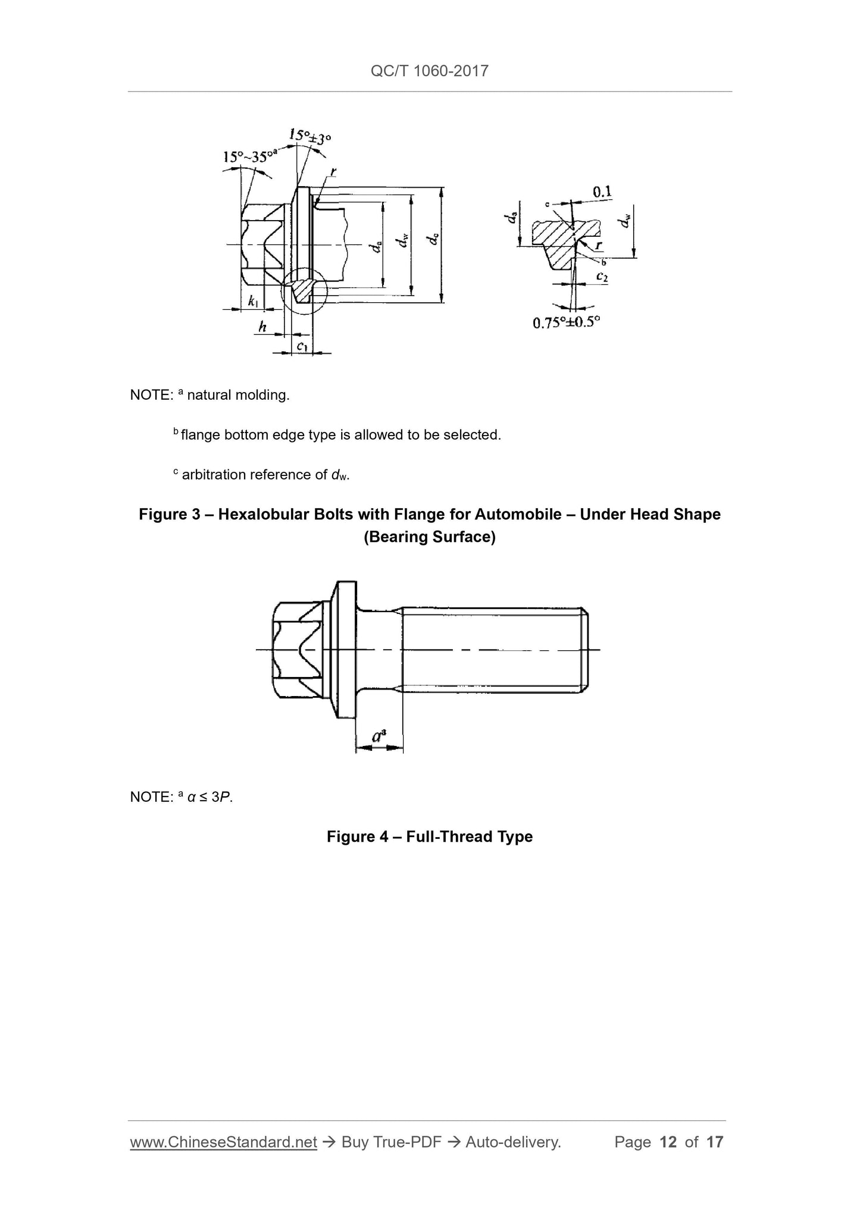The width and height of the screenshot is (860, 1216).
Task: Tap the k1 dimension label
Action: click(x=254, y=301)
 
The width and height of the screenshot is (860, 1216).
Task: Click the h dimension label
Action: click(x=262, y=326)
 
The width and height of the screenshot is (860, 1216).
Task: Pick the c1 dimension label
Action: click(x=302, y=346)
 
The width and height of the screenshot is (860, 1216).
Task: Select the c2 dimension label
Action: click(x=601, y=277)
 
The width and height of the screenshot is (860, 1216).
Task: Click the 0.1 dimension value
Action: click(x=602, y=192)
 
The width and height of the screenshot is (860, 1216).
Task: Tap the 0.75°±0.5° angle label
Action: click(x=566, y=322)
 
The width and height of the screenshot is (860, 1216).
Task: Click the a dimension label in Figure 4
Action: click(x=379, y=737)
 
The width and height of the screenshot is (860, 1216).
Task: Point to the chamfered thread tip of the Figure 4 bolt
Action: click(x=585, y=650)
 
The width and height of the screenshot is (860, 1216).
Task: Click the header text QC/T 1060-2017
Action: click(x=430, y=71)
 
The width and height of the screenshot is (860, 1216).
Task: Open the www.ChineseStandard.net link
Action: click(x=223, y=1142)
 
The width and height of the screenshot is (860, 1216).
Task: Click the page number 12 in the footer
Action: click(x=668, y=1142)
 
